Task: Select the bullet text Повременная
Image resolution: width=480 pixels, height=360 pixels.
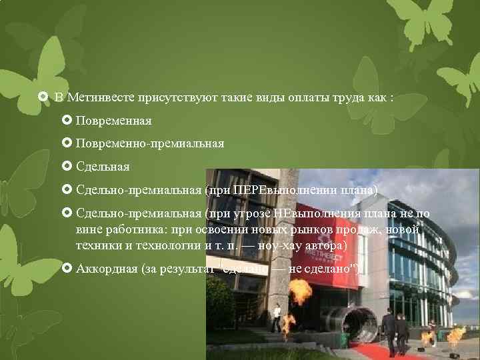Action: point(113,121)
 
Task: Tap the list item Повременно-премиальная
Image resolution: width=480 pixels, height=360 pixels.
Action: point(149,143)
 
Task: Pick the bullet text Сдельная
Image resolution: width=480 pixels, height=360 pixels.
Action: point(103,166)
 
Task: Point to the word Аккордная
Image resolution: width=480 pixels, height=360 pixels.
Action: point(104,269)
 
